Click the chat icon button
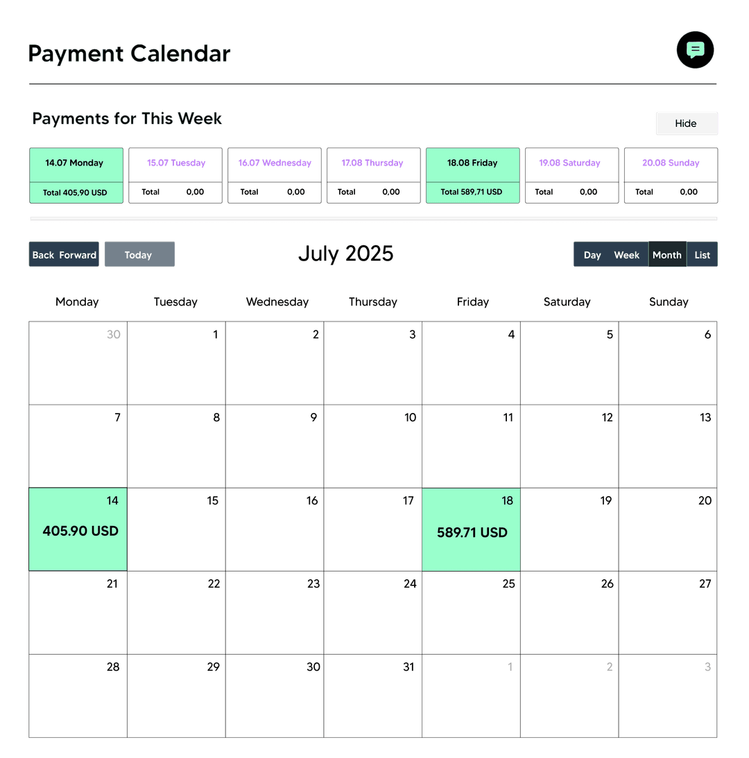click(695, 50)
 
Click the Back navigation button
click(43, 255)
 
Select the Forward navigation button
click(78, 255)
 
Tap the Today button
click(139, 255)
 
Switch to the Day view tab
click(592, 255)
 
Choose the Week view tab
click(626, 255)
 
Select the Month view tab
click(666, 255)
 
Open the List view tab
click(703, 255)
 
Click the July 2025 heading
click(345, 254)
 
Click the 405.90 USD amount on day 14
click(80, 531)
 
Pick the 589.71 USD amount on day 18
click(472, 533)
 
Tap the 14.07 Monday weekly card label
click(74, 164)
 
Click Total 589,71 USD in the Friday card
click(472, 192)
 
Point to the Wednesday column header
click(277, 302)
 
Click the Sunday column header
click(669, 302)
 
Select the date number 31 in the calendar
click(408, 667)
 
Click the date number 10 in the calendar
click(410, 418)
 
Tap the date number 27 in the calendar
click(705, 584)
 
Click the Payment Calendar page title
click(129, 54)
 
